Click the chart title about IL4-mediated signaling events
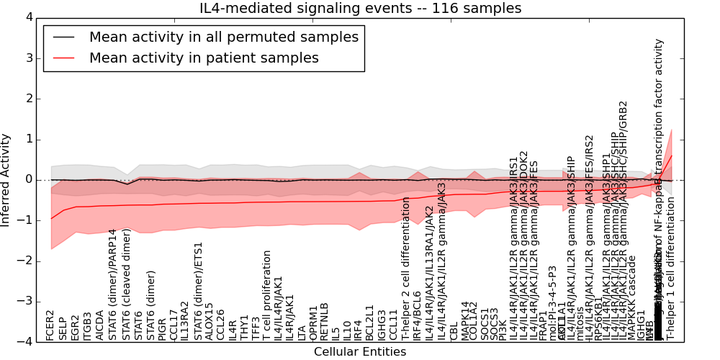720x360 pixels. click(x=360, y=9)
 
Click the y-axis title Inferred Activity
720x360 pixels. click(x=6, y=180)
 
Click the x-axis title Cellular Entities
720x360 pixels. click(x=360, y=352)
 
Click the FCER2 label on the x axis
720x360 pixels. click(x=50, y=325)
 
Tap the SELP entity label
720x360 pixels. click(x=63, y=328)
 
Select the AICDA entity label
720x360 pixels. click(x=99, y=325)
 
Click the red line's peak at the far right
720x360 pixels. click(x=672, y=156)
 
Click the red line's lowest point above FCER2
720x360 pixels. click(x=50, y=219)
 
